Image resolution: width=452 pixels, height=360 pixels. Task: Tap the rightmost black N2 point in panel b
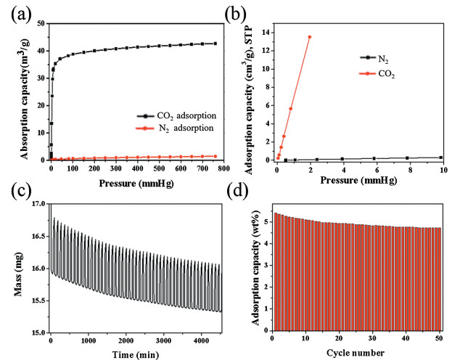coord(441,157)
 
